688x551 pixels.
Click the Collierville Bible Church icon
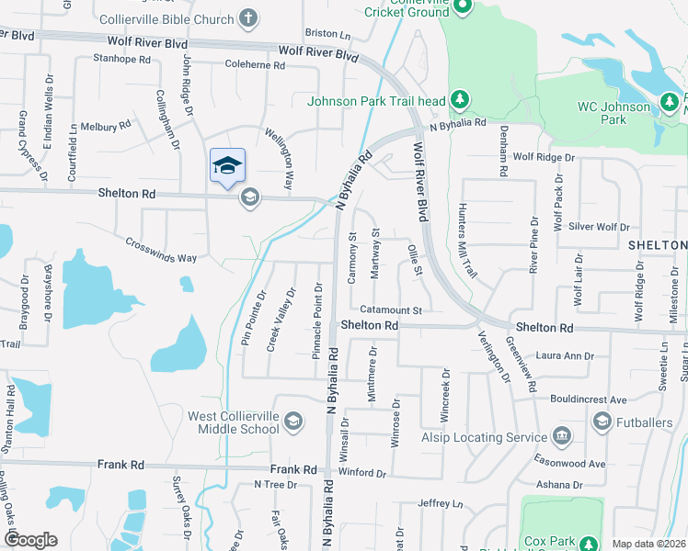247,17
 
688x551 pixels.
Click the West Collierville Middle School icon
292,422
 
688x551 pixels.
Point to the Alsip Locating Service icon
562,435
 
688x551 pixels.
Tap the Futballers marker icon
602,422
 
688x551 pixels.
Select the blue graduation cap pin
227,165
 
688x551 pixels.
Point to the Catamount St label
390,310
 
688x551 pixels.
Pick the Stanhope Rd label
121,59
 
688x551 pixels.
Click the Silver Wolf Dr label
599,226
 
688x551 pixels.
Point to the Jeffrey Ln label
440,503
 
